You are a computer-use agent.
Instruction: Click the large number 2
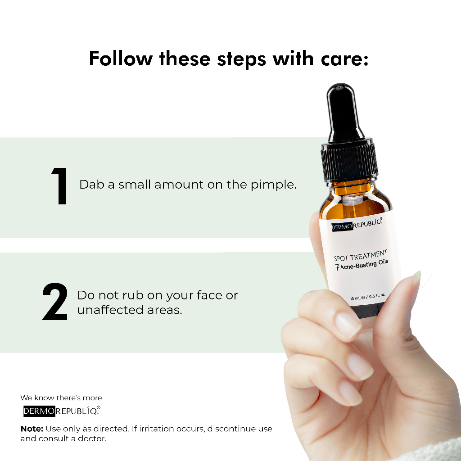pyautogui.click(x=55, y=302)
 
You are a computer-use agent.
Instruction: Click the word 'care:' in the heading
pyautogui.click(x=345, y=59)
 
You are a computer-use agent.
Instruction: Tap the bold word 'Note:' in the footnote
pyautogui.click(x=32, y=429)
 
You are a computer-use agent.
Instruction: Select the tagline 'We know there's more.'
pyautogui.click(x=62, y=398)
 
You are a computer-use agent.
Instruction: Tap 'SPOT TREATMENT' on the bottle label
pyautogui.click(x=360, y=256)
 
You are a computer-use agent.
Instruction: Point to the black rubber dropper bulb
pyautogui.click(x=343, y=113)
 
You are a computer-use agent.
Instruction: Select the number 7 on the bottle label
pyautogui.click(x=337, y=268)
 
